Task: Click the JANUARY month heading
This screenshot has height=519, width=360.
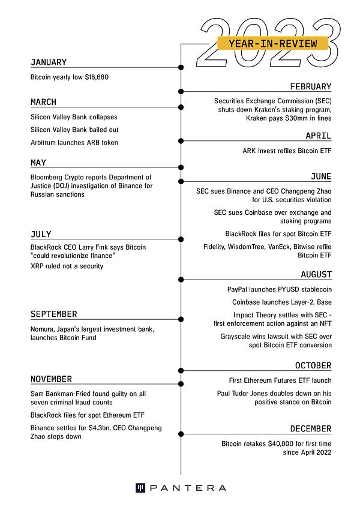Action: tap(49, 62)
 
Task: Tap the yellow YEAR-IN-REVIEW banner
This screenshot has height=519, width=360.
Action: tap(272, 44)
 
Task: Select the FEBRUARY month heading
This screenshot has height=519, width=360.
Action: tap(311, 87)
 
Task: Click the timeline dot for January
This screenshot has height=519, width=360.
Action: tap(181, 67)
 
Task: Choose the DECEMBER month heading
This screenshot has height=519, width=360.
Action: tap(311, 429)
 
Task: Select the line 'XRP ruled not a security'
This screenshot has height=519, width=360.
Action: tap(67, 266)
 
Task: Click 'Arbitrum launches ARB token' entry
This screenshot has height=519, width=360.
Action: tap(74, 142)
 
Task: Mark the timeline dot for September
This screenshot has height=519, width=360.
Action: tap(181, 319)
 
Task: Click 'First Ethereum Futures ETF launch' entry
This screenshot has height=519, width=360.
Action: tap(280, 380)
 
